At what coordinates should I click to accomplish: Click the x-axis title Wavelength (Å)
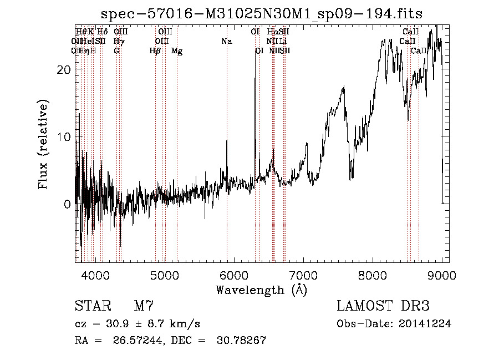click(x=262, y=290)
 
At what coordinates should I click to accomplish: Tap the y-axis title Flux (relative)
click(x=43, y=145)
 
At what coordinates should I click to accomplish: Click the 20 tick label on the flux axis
click(x=64, y=69)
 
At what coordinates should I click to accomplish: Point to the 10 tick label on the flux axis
click(x=64, y=137)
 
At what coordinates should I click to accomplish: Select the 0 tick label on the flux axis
click(x=68, y=204)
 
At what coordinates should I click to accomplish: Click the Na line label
click(x=226, y=42)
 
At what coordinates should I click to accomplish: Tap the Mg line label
click(x=177, y=51)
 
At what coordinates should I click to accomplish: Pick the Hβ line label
click(x=155, y=51)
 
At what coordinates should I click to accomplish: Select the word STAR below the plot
click(x=92, y=306)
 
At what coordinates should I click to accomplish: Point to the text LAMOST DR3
click(x=383, y=306)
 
